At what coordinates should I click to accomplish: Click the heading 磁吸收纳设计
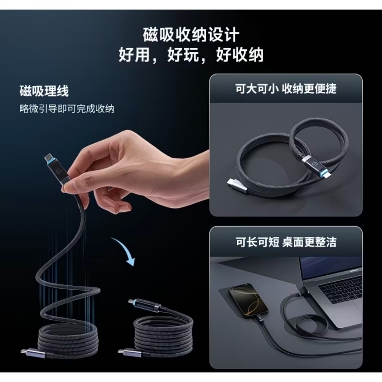point(191,35)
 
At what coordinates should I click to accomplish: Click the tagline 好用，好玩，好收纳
point(191,55)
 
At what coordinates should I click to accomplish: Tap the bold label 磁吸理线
point(44,92)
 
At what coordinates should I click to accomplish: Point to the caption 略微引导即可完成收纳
point(67,108)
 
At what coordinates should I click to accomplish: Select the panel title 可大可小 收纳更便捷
point(286,89)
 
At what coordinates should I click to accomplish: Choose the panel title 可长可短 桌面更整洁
point(286,242)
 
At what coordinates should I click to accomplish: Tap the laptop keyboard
point(344,294)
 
